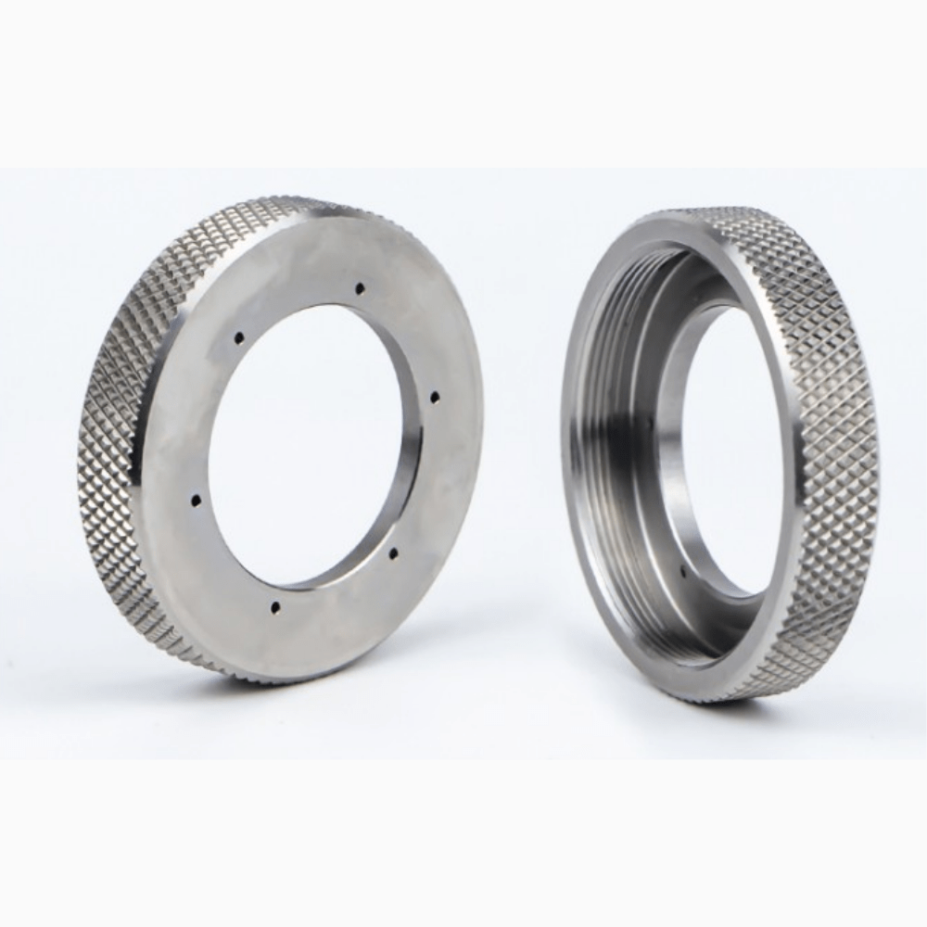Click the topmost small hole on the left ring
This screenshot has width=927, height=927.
(x=358, y=288)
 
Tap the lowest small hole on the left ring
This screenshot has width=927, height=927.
(x=274, y=608)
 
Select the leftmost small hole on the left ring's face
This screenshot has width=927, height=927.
(x=196, y=501)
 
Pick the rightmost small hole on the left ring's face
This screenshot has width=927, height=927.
(x=434, y=397)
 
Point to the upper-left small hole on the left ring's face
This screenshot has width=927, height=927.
(x=238, y=337)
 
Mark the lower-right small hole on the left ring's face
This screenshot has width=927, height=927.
(x=393, y=553)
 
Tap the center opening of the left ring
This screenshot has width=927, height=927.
(x=306, y=445)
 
